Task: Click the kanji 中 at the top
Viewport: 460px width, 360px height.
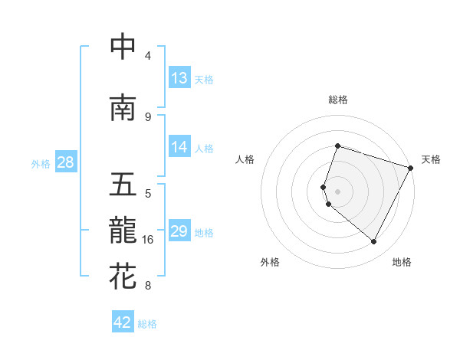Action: click(123, 47)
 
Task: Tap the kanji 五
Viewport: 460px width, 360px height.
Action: click(123, 185)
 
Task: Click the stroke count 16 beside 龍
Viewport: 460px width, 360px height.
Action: click(148, 240)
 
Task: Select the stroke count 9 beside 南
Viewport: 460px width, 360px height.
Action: click(148, 116)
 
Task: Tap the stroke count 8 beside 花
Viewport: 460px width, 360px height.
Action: click(148, 286)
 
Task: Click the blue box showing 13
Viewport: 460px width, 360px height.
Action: click(179, 78)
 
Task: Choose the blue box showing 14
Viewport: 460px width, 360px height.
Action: click(179, 147)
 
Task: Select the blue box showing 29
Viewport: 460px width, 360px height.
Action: click(179, 231)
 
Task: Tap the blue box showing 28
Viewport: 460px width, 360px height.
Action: click(65, 162)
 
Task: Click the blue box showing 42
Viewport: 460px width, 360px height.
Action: click(123, 322)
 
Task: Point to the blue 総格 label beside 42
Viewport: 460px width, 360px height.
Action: click(147, 324)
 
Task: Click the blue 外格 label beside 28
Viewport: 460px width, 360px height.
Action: click(41, 163)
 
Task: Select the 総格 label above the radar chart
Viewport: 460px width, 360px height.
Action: click(337, 100)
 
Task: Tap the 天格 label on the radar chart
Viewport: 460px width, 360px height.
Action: click(431, 159)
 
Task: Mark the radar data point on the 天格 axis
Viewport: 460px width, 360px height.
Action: click(411, 168)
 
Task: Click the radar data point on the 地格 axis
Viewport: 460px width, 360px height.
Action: click(374, 242)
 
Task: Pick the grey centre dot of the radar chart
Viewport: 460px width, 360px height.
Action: click(337, 191)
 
